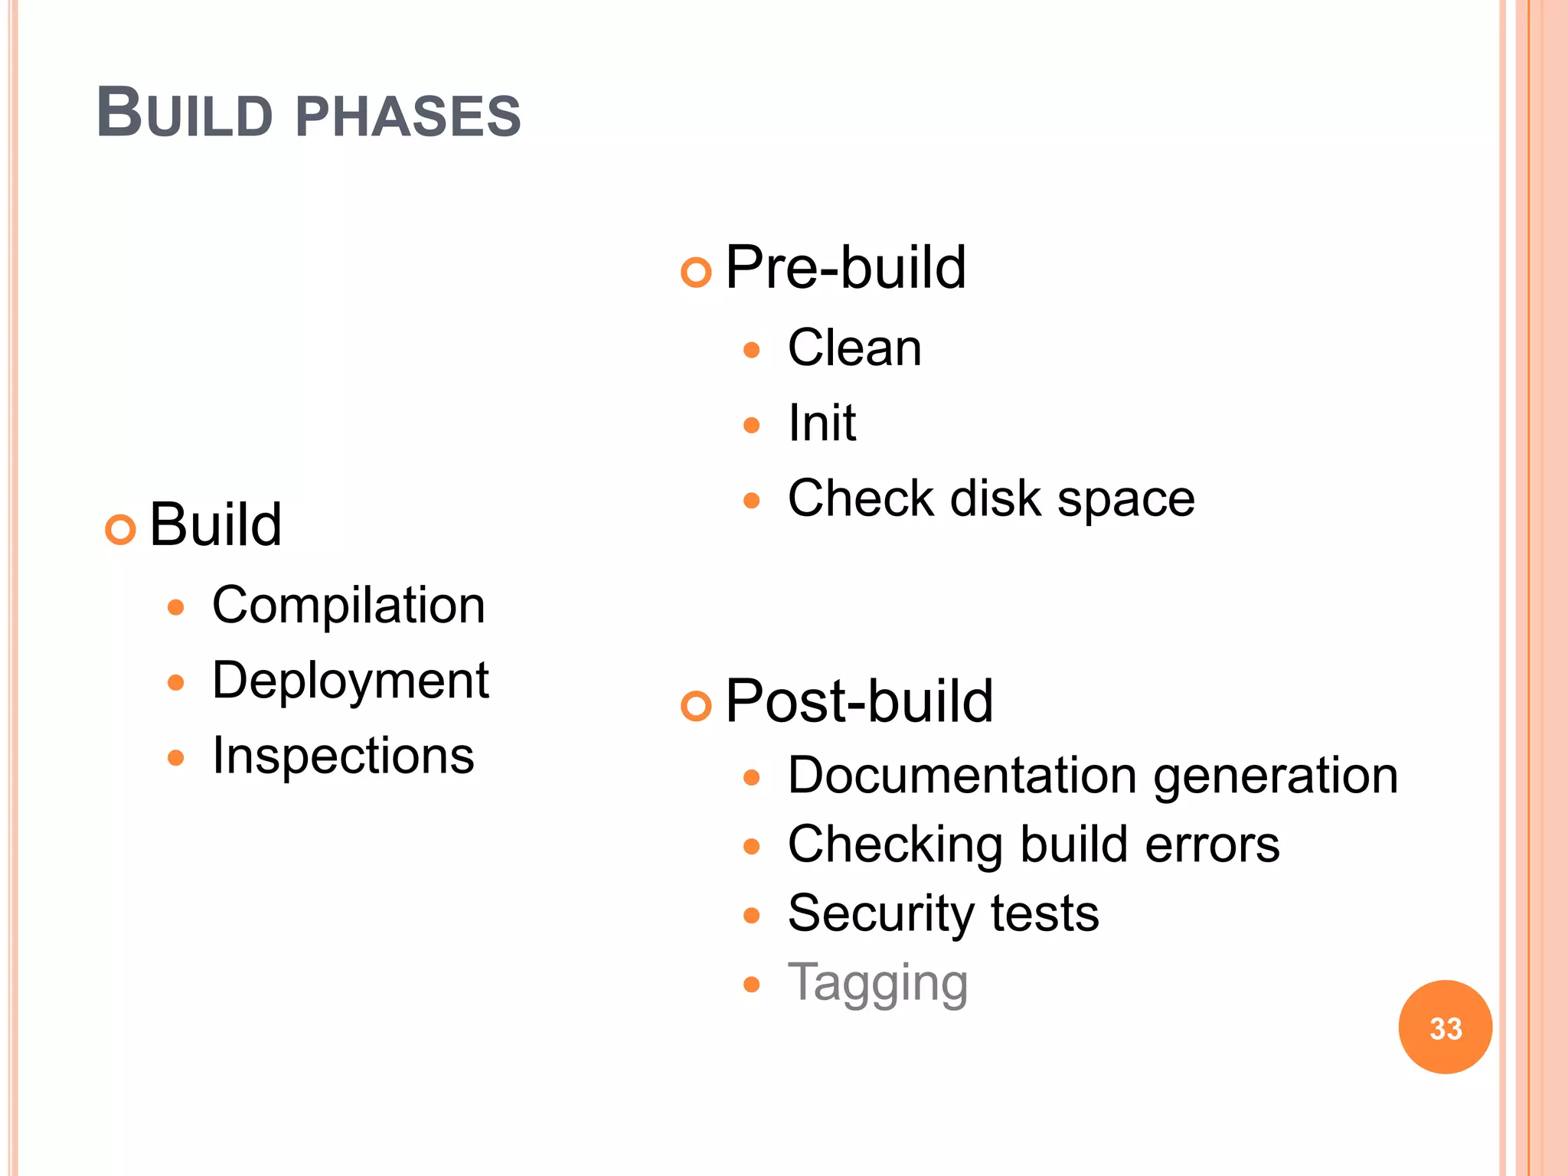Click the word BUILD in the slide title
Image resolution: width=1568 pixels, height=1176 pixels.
coord(185,114)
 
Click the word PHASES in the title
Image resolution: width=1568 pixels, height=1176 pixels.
coord(407,116)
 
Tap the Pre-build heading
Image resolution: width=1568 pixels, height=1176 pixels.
coord(844,267)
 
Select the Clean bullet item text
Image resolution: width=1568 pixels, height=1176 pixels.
coord(854,348)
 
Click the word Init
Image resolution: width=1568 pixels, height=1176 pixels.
coord(822,423)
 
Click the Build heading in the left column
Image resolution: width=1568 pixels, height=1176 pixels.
coord(215,524)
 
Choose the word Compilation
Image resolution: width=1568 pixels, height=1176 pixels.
coord(348,606)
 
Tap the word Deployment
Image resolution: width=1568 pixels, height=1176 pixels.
coord(350,681)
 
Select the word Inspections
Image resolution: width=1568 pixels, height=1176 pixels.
coord(343,756)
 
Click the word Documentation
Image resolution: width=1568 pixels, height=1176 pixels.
coord(962,776)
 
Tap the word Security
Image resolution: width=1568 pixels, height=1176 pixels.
coord(880,914)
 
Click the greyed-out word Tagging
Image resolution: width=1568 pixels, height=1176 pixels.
coord(877,983)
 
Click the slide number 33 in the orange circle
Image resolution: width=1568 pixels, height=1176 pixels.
coord(1445,1027)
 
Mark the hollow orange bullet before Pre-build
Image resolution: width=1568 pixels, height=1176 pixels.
coord(696,272)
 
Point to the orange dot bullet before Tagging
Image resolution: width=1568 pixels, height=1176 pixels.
coord(752,984)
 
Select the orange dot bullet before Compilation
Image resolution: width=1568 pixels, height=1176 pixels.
coord(176,608)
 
